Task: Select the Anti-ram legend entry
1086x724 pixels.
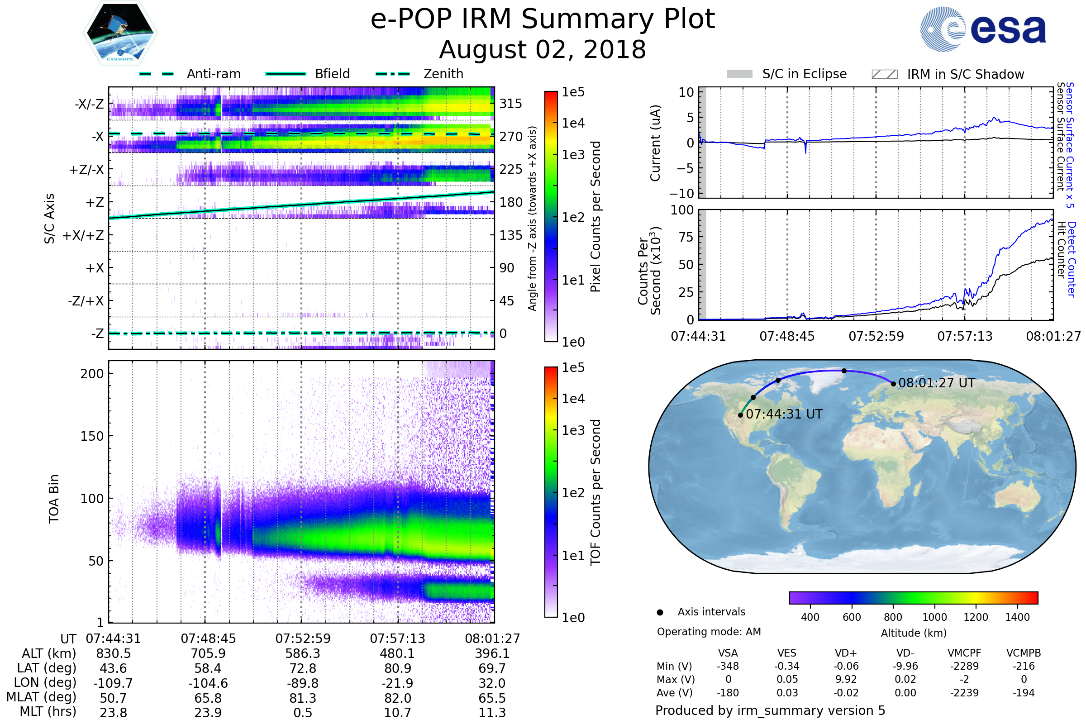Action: tap(213, 74)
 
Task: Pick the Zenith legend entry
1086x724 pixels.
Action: tap(443, 74)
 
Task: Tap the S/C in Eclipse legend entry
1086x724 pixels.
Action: tap(804, 74)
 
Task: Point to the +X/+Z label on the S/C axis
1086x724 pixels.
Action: tap(83, 235)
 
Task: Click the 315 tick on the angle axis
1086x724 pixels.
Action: tap(511, 104)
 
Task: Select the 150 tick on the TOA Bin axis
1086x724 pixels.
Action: tap(92, 436)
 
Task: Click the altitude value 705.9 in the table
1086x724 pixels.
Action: tap(208, 654)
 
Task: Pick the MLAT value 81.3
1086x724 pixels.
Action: tap(302, 698)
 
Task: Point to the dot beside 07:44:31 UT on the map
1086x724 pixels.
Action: tap(741, 415)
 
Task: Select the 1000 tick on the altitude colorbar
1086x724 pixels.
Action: tap(934, 617)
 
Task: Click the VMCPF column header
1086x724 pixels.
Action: tap(964, 653)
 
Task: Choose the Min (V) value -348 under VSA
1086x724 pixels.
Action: tap(728, 666)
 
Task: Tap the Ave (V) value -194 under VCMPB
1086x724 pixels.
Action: tap(1023, 693)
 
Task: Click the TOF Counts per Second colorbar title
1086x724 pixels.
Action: tap(595, 492)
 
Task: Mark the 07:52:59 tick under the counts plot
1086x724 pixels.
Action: tap(876, 336)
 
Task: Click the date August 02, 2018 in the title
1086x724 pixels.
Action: tap(543, 49)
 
